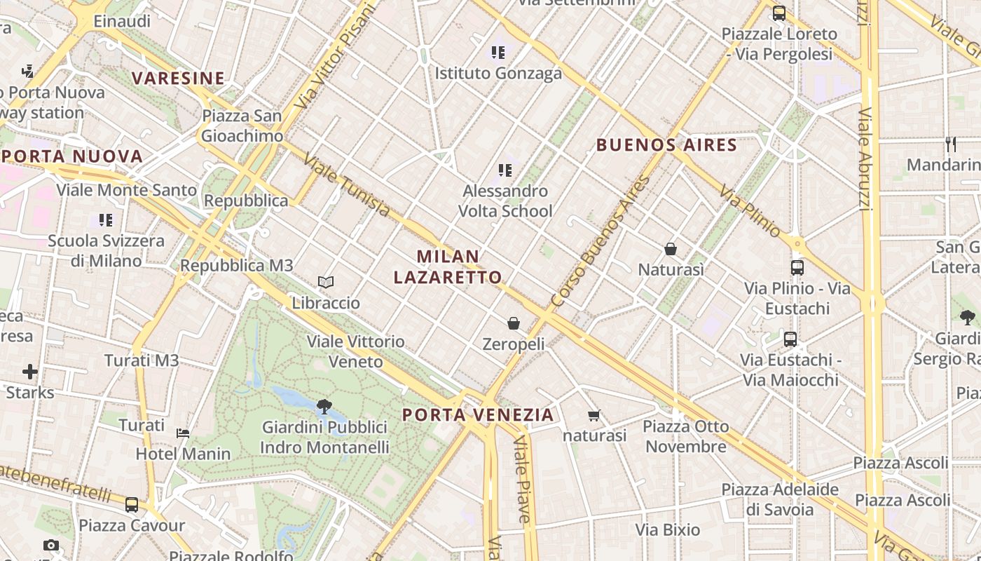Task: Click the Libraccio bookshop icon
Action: [x=325, y=282]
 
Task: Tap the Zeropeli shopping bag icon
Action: [x=514, y=323]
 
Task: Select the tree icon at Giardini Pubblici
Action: [x=324, y=406]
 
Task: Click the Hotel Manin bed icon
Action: [x=183, y=433]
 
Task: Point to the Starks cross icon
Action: [x=29, y=371]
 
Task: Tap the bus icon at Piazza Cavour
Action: [x=132, y=505]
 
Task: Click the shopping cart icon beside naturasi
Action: [x=594, y=415]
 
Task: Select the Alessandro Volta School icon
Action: [x=505, y=170]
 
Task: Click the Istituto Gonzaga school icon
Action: [x=498, y=52]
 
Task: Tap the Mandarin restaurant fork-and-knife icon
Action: [x=951, y=144]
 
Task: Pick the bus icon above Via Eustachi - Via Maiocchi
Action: [x=790, y=339]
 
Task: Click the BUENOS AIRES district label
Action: [x=666, y=145]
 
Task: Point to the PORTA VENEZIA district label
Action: [x=478, y=414]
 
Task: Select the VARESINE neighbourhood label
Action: [x=179, y=78]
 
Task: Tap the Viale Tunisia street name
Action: [x=347, y=185]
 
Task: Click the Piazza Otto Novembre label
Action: [x=686, y=436]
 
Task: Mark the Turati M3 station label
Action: [x=142, y=360]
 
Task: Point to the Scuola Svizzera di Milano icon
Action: [x=105, y=220]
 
